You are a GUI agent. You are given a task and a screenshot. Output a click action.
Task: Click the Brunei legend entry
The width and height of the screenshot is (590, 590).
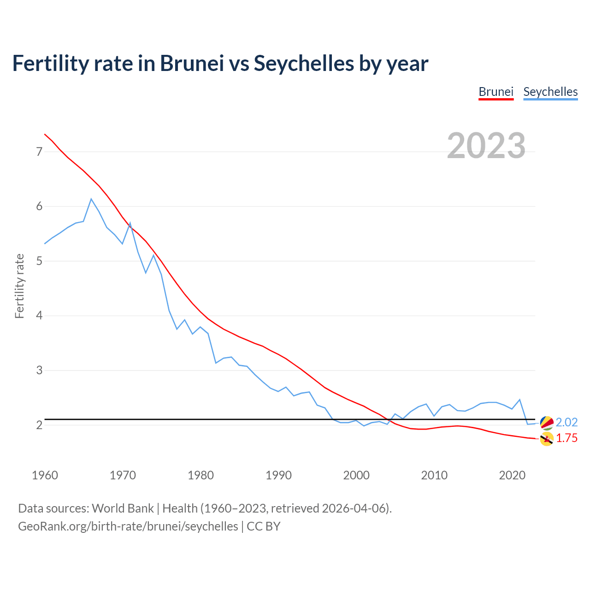496,92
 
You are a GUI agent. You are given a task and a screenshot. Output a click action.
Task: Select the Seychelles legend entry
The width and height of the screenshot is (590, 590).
550,92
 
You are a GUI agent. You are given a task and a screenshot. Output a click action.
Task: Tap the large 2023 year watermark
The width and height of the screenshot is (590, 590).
486,146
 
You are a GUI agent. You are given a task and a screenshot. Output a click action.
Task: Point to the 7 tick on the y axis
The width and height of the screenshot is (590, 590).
39,152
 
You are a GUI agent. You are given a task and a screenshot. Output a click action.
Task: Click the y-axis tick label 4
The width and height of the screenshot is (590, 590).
39,316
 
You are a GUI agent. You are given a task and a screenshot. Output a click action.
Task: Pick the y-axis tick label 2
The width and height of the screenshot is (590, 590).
39,425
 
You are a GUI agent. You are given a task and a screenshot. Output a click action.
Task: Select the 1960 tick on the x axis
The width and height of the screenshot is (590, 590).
45,475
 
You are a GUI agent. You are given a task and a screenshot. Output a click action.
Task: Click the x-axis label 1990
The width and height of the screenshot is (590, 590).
278,475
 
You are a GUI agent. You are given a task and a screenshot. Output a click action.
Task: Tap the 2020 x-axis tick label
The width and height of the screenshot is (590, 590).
512,475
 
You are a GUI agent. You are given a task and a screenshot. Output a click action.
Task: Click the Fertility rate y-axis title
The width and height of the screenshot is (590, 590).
19,286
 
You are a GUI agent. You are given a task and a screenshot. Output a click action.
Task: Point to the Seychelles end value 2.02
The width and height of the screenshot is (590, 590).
566,422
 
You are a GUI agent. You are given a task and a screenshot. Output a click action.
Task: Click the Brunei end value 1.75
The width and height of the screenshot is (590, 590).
566,438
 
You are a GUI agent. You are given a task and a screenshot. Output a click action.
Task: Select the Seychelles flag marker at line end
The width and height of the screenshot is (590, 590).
547,422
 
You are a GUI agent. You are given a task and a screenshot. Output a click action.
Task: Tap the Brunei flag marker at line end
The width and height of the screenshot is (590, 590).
547,439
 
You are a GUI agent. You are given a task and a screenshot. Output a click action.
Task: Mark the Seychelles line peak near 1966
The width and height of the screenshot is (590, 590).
91,199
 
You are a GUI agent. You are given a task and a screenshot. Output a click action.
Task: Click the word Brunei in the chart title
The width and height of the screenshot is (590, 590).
192,63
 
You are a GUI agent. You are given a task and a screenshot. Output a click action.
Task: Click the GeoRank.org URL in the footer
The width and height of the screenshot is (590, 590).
128,526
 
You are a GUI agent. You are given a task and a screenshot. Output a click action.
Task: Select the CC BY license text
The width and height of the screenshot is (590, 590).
264,526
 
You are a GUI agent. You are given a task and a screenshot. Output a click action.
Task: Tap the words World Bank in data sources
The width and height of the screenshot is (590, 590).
123,508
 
